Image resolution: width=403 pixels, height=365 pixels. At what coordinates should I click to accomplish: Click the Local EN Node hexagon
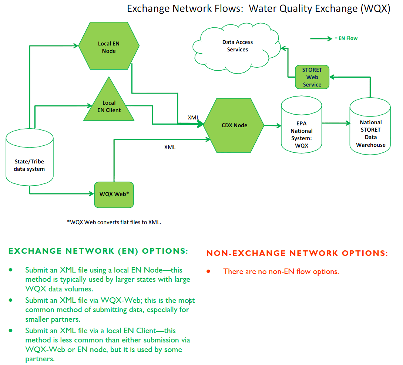[x=109, y=46]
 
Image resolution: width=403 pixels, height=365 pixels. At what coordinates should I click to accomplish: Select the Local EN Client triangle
[x=109, y=103]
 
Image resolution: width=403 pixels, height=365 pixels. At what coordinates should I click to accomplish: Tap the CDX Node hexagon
[x=234, y=125]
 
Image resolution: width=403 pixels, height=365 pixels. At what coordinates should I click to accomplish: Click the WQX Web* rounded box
[x=114, y=195]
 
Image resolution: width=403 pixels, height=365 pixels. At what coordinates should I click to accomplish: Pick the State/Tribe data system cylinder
[x=30, y=157]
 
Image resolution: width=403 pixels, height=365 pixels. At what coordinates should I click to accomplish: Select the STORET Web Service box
[x=312, y=77]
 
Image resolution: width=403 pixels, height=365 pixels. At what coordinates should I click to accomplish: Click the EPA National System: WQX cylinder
[x=302, y=125]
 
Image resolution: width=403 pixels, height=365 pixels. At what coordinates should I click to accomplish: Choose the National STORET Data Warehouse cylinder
[x=370, y=126]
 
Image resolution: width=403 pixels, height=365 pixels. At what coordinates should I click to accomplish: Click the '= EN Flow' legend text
[x=346, y=38]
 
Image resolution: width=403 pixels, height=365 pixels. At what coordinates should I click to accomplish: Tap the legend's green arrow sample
[x=321, y=39]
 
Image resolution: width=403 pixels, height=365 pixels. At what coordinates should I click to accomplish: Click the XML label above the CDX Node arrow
[x=193, y=118]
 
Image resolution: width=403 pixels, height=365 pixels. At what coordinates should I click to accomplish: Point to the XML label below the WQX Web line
[x=170, y=147]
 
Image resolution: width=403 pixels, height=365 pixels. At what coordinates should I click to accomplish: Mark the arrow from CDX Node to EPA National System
[x=272, y=126]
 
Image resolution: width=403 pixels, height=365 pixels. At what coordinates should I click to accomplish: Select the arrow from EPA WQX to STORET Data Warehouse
[x=336, y=123]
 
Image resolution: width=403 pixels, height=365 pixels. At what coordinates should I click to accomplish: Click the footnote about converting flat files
[x=114, y=222]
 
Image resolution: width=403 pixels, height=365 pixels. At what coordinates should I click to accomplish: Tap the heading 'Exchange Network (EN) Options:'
[x=98, y=251]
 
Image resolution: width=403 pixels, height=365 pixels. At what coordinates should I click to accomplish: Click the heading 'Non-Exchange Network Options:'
[x=297, y=253]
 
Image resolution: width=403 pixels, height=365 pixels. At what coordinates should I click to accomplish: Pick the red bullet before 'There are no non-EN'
[x=208, y=271]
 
